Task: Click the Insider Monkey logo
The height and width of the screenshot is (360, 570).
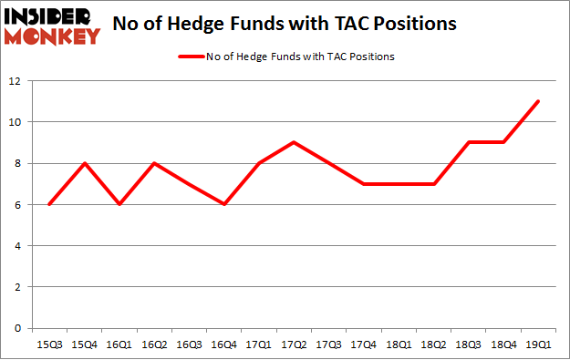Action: tap(53, 26)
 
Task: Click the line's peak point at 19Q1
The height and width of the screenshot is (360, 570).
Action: tap(538, 101)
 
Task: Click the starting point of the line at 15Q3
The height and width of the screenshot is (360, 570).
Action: tap(49, 204)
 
